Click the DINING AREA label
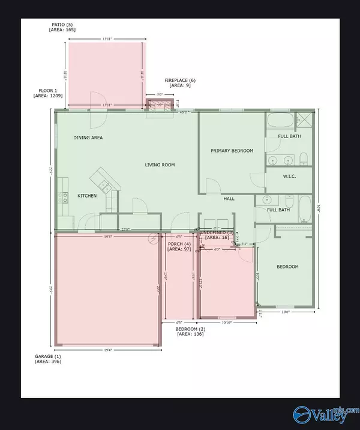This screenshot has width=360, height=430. pos(88,138)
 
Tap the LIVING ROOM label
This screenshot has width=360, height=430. pos(160,165)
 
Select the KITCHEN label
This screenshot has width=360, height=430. pos(88,196)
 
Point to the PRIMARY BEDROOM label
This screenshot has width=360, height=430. pos(232,151)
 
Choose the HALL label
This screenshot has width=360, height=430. pos(229,199)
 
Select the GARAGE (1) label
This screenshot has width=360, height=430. pos(48,356)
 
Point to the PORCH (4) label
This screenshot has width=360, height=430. pos(179,243)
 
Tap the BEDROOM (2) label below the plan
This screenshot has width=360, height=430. pos(190,329)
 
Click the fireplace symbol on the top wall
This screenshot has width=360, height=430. pos(160,106)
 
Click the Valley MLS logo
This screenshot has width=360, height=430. pos(323,413)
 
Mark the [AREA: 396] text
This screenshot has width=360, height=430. pos(48,362)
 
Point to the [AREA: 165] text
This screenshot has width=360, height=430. pos(63,30)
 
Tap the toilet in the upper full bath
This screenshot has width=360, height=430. pos(303,159)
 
